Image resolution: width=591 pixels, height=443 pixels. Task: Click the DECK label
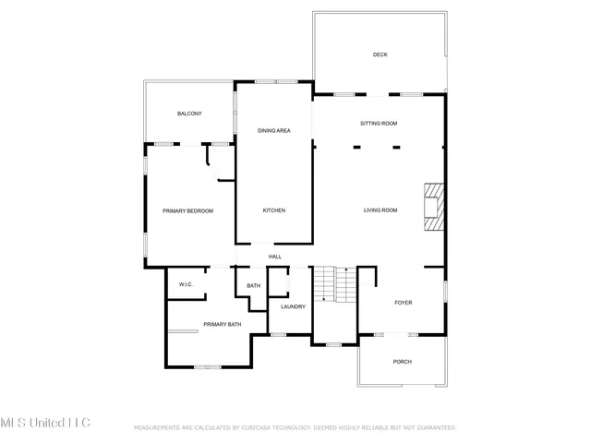(380, 54)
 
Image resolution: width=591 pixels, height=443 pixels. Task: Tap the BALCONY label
(189, 113)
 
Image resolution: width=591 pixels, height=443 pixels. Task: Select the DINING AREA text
(274, 131)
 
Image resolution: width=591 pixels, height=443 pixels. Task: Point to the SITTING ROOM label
(379, 123)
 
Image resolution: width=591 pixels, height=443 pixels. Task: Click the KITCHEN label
(274, 210)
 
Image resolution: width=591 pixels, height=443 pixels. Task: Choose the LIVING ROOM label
(379, 210)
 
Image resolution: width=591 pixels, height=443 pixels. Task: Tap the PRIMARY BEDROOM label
(188, 210)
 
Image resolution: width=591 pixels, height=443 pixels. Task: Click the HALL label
(274, 257)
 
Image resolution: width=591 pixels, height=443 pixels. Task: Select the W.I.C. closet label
(185, 285)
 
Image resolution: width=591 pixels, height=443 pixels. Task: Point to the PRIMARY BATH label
(222, 324)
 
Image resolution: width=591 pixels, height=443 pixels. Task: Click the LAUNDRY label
(293, 306)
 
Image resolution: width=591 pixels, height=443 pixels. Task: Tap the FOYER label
(404, 302)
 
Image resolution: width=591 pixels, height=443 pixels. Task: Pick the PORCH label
(403, 362)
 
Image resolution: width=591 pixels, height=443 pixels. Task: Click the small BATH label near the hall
(253, 286)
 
